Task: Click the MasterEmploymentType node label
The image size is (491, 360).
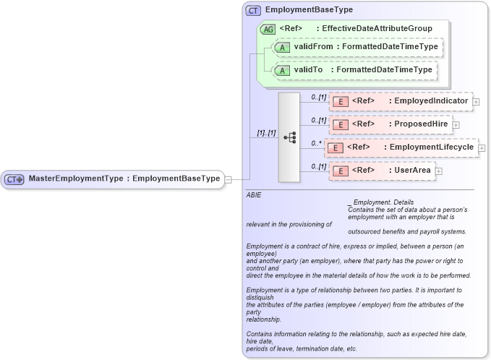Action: [x=124, y=179]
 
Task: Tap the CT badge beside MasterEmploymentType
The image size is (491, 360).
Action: [x=14, y=179]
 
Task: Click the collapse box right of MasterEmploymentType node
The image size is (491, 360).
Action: [x=228, y=179]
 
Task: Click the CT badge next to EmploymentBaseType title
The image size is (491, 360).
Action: [x=253, y=11]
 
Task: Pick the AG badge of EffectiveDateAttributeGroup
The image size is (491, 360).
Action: [x=268, y=28]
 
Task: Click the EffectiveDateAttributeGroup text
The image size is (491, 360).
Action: [x=377, y=28]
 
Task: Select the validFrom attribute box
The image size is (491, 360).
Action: [x=356, y=47]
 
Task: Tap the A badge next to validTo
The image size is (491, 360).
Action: [x=283, y=70]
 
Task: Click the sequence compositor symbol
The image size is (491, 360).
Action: [x=289, y=137]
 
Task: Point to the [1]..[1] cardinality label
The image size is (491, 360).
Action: [x=265, y=133]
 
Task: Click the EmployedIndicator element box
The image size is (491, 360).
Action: [x=400, y=101]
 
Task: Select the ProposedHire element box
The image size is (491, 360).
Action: [x=390, y=124]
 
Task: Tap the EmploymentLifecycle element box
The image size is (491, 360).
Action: [x=401, y=147]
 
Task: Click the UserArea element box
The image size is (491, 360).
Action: [x=381, y=171]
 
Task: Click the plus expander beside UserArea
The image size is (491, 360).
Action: [x=438, y=171]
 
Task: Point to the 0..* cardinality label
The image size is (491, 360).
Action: [x=315, y=143]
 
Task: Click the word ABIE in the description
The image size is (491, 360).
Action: [x=254, y=195]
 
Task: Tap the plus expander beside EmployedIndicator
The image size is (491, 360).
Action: [x=476, y=102]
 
